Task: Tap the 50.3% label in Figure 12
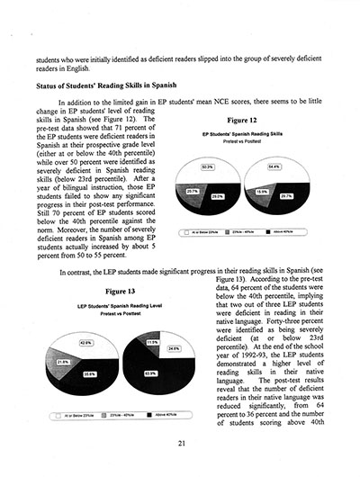pos(208,167)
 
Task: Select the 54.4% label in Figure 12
pos(274,167)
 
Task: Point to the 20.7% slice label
pos(193,191)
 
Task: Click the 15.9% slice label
pos(261,191)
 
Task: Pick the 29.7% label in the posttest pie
pos(285,195)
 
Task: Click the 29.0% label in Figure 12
pos(217,195)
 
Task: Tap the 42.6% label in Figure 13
pos(86,343)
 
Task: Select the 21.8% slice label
pos(63,361)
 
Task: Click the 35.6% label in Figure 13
pos(90,373)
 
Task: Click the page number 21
pos(181,441)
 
